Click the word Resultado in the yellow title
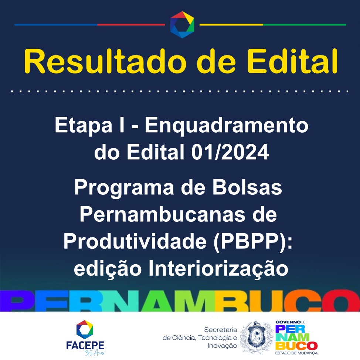pos(105,61)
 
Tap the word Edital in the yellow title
pos(292,61)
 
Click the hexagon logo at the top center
pos(182,24)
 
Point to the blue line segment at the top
pos(56,24)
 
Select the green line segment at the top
pos(305,24)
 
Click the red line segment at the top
pos(131,24)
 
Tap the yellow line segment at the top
pos(231,24)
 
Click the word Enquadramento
pos(226,125)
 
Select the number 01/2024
pos(230,152)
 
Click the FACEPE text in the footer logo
pos(85,345)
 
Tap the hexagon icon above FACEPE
pos(85,330)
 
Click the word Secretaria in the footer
pos(221,330)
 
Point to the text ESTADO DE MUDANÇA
pos(296,353)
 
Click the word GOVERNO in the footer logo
pos(288,322)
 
